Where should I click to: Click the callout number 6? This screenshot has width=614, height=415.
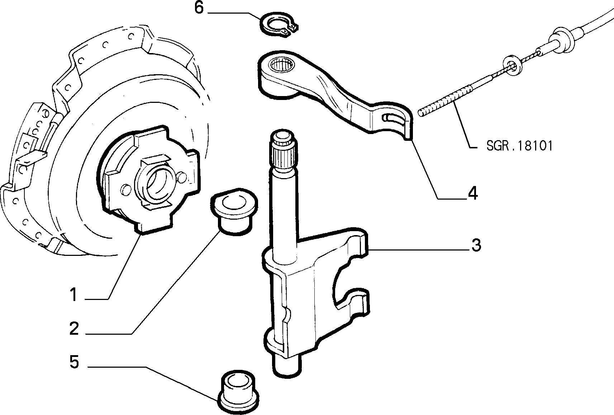tap(199, 8)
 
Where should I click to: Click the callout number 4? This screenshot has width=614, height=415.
tap(473, 193)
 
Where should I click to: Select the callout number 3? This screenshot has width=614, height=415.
tap(476, 245)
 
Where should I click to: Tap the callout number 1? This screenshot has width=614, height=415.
tap(73, 295)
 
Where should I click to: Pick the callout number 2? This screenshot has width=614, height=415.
tap(74, 328)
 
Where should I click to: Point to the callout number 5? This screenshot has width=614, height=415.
tap(74, 362)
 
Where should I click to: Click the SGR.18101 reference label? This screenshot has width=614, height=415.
tap(519, 146)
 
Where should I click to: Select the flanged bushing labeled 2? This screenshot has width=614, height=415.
tap(234, 211)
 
